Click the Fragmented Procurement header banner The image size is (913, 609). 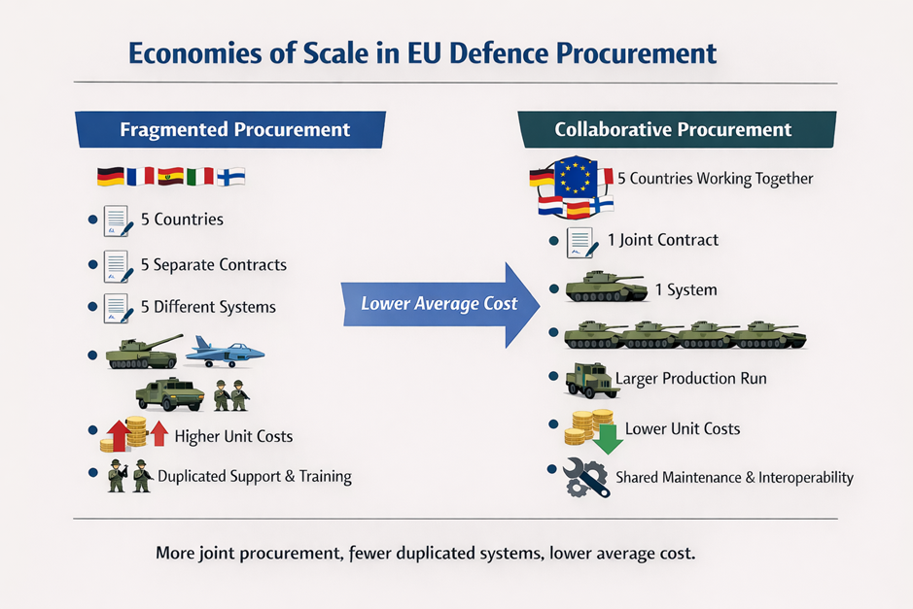[x=230, y=129]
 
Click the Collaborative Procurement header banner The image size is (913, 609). [x=677, y=129]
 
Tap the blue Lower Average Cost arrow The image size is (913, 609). [x=440, y=305]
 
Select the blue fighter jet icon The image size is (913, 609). [x=225, y=352]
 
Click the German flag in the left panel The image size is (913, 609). [x=111, y=176]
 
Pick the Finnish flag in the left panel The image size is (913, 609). [x=231, y=177]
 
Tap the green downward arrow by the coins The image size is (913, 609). [x=608, y=439]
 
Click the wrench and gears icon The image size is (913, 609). [x=585, y=477]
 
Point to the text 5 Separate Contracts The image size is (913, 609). [x=214, y=265]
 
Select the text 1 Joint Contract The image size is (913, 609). [x=662, y=240]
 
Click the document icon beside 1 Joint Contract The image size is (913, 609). [x=582, y=243]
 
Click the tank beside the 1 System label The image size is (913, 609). [x=606, y=287]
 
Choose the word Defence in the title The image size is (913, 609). [x=499, y=52]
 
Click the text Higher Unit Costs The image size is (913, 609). [x=233, y=436]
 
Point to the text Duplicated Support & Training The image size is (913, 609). [x=255, y=476]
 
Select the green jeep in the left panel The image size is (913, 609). [x=170, y=393]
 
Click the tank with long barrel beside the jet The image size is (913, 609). [x=144, y=352]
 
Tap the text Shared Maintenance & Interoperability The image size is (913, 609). [x=735, y=478]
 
